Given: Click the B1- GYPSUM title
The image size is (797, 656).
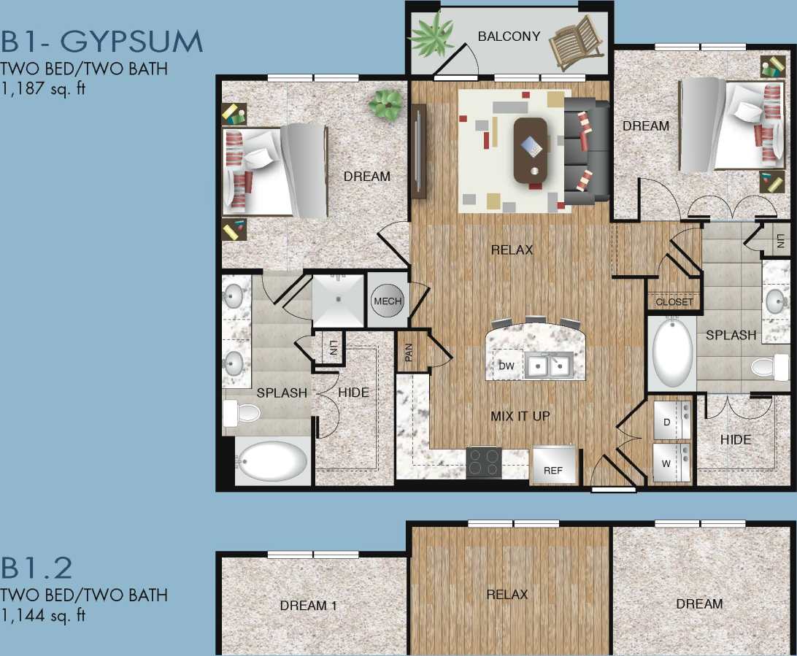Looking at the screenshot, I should point(101,42).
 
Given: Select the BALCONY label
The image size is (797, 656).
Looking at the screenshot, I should point(509,36).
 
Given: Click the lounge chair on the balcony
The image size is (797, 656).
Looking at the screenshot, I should point(577,39).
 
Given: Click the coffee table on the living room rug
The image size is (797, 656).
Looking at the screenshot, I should point(530,150).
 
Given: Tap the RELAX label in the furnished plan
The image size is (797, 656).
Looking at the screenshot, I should point(512,250).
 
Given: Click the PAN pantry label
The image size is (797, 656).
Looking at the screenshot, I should point(409,353).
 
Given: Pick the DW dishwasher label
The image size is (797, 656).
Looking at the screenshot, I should point(506,365).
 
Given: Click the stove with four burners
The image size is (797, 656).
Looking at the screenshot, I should point(484,462).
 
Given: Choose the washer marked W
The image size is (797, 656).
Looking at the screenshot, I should point(671,463).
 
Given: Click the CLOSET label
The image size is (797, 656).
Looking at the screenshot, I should point(674,302).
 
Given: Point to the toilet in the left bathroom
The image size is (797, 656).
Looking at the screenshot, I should point(242,414).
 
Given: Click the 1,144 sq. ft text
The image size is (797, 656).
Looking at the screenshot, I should point(43,615).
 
